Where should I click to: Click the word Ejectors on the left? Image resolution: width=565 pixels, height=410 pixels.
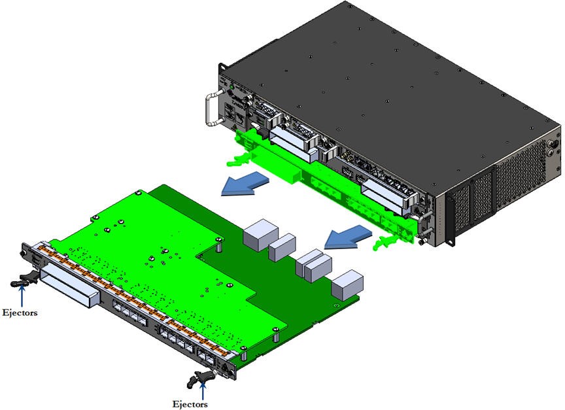[x=20, y=313]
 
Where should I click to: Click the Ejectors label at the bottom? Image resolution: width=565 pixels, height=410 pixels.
[x=190, y=404]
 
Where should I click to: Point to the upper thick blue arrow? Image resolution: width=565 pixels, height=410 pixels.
[x=245, y=183]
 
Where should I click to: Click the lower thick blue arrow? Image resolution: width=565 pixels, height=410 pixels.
[x=348, y=237]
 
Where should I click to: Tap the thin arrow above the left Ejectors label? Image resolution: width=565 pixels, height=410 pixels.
[x=22, y=296]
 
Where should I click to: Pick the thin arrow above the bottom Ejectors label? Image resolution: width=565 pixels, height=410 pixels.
[x=203, y=390]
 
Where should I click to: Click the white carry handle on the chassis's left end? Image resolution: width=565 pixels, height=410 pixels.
[x=210, y=109]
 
